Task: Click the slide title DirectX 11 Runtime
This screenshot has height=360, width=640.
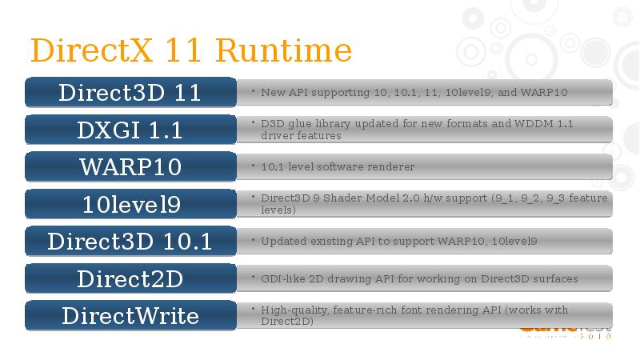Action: (x=190, y=50)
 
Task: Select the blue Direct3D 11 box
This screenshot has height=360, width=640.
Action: (x=130, y=92)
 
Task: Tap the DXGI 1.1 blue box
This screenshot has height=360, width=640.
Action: (x=130, y=130)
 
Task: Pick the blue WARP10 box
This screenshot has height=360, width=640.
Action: (x=130, y=166)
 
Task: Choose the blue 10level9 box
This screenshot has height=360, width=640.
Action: (x=130, y=204)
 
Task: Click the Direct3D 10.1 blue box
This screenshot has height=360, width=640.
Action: (x=130, y=241)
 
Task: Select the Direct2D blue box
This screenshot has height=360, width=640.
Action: (x=130, y=278)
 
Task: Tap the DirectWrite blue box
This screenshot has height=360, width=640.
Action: (x=130, y=315)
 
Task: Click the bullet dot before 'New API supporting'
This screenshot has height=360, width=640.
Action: (x=253, y=90)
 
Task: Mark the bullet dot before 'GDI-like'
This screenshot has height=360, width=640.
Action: (x=253, y=277)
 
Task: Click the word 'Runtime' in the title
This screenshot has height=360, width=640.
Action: (x=284, y=50)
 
